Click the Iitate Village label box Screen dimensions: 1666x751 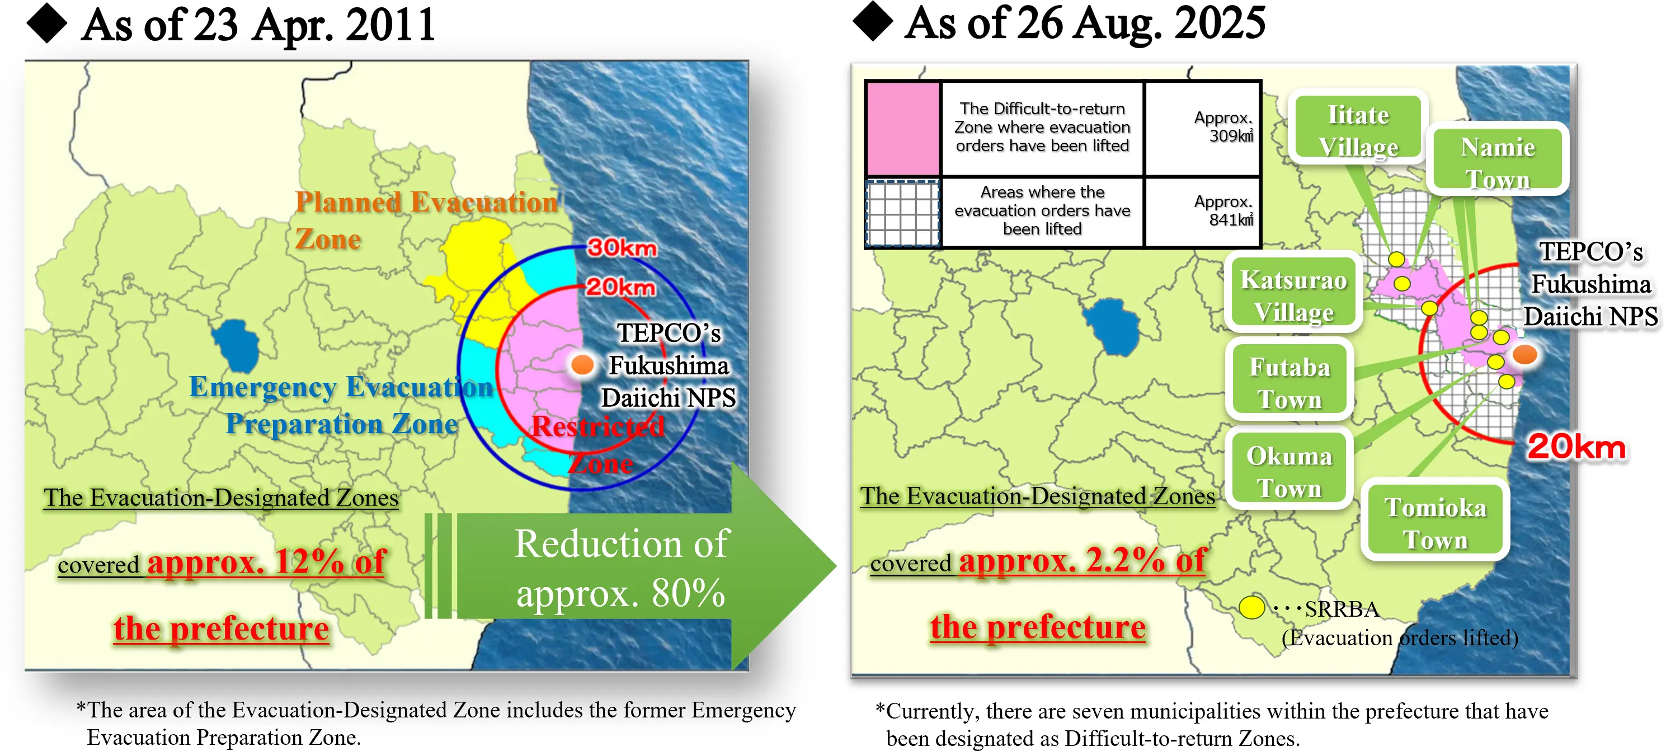pyautogui.click(x=1358, y=128)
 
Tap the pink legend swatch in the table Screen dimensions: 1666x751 pyautogui.click(x=903, y=128)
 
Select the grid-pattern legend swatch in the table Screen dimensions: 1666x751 pyautogui.click(x=903, y=213)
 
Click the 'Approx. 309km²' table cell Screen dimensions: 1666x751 pyautogui.click(x=1203, y=128)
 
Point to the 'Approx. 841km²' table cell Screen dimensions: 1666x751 pyautogui.click(x=1203, y=212)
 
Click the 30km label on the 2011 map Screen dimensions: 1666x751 pyautogui.click(x=622, y=247)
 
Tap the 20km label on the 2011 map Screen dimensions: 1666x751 pyautogui.click(x=620, y=287)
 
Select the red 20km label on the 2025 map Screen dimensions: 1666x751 pyautogui.click(x=1576, y=447)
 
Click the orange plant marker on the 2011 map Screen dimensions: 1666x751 pyautogui.click(x=583, y=364)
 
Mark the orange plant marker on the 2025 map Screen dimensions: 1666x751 pyautogui.click(x=1524, y=354)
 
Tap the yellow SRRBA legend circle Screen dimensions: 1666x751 pyautogui.click(x=1251, y=607)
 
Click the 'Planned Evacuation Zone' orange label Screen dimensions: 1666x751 pyautogui.click(x=426, y=220)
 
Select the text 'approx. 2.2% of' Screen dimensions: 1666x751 pyautogui.click(x=1082, y=560)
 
